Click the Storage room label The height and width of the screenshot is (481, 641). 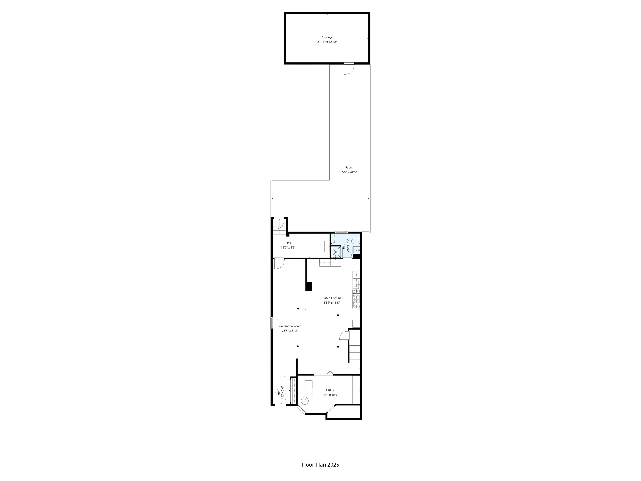point(327,37)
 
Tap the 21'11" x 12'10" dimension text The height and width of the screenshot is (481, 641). point(327,42)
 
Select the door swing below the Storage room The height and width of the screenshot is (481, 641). point(349,69)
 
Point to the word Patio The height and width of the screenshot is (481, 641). point(348,168)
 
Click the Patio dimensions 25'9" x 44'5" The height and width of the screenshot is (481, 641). point(348,172)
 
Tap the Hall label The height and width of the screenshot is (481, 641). point(288,243)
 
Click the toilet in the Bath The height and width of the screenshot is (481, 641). point(356,241)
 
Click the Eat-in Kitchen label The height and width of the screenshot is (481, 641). point(332,298)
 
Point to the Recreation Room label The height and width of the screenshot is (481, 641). point(290,326)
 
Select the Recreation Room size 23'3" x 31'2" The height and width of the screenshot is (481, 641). point(290,330)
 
